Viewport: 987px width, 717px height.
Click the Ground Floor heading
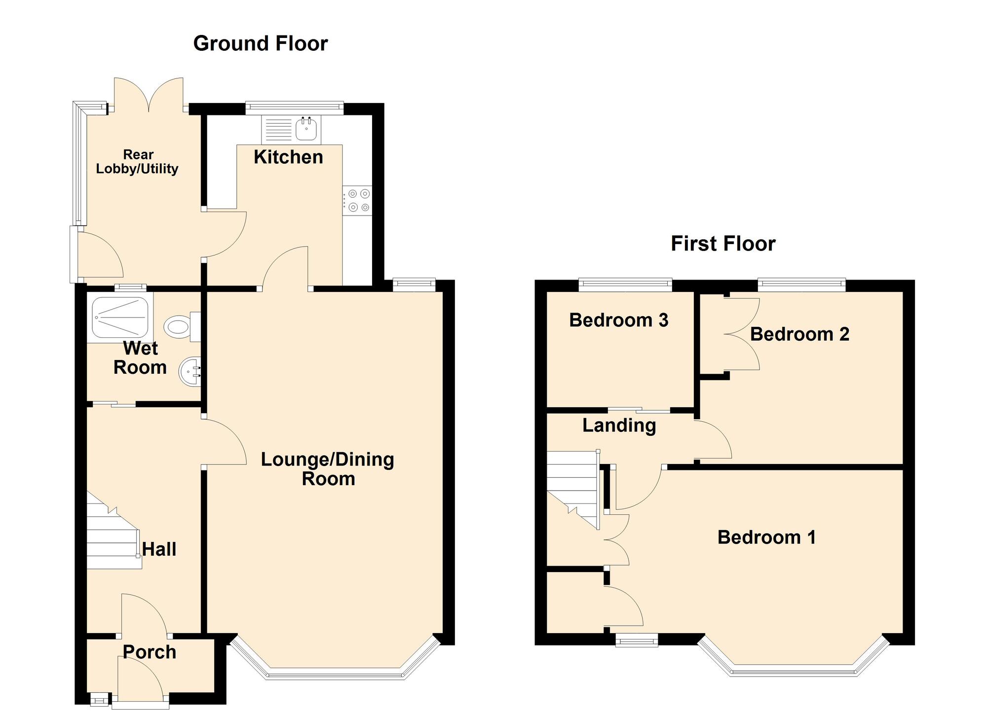click(260, 43)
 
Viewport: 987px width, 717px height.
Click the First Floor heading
click(723, 244)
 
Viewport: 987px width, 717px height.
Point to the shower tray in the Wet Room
click(120, 317)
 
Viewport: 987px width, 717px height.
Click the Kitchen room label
click(288, 157)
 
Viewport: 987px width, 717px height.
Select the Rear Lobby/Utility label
click(137, 162)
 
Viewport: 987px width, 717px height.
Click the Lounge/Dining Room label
click(328, 468)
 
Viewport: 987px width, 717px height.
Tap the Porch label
click(149, 652)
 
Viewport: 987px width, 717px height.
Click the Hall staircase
click(113, 540)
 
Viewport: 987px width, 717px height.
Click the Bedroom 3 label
click(618, 320)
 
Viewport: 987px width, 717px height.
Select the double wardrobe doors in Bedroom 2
click(742, 334)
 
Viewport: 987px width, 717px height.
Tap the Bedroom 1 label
click(766, 537)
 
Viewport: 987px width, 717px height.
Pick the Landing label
click(619, 425)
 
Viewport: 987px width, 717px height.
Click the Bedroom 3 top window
click(625, 283)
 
